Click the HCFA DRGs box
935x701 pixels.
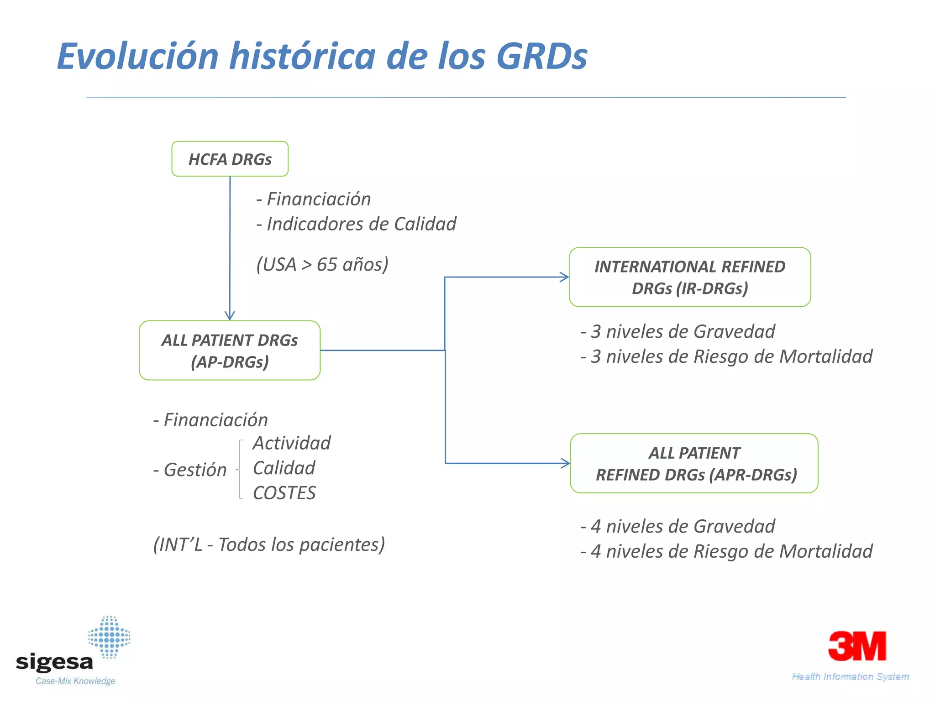(230, 159)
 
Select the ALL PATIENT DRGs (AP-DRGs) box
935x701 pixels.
(230, 350)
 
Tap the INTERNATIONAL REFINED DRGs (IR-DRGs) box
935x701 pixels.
(689, 277)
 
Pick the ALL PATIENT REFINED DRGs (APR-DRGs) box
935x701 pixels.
(694, 463)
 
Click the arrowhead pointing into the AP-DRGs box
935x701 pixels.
(230, 316)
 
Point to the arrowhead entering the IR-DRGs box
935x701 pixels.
(565, 277)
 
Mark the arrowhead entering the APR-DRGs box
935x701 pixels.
(566, 463)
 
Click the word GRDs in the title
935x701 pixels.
(541, 57)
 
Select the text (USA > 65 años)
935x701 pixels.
(322, 264)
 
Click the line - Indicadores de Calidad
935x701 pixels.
(357, 224)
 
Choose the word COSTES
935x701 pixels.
(284, 493)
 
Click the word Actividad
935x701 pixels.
(292, 443)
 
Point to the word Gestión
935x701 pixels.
(195, 470)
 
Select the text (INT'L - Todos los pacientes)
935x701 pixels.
(269, 544)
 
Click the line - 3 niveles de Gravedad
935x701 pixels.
(678, 331)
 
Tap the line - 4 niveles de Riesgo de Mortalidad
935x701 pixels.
(726, 551)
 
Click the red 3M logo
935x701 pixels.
(857, 646)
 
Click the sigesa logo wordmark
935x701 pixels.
(55, 661)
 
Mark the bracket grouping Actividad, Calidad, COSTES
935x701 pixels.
(240, 469)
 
